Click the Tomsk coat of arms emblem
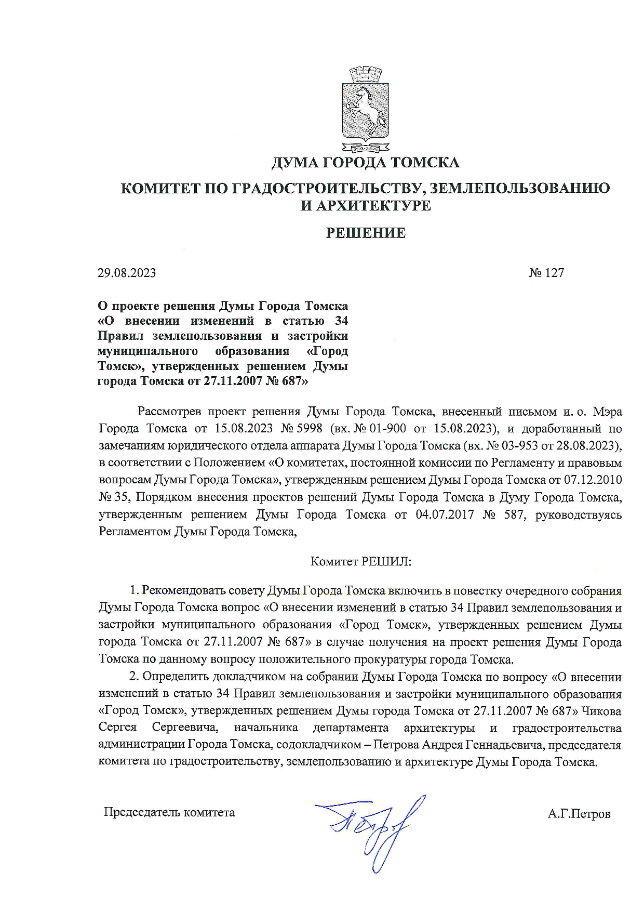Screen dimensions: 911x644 pyautogui.click(x=365, y=109)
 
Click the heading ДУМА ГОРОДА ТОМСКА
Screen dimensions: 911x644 pyautogui.click(x=365, y=163)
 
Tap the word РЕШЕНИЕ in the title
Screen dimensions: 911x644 pyautogui.click(x=365, y=233)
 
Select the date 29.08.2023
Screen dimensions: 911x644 pyautogui.click(x=127, y=273)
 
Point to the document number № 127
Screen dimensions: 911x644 pyautogui.click(x=546, y=273)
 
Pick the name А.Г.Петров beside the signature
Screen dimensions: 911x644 pyautogui.click(x=579, y=814)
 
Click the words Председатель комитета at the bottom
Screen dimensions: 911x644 pyautogui.click(x=169, y=812)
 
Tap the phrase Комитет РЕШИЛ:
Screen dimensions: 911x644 pyautogui.click(x=361, y=561)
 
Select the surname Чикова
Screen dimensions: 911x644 pyautogui.click(x=602, y=710)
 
